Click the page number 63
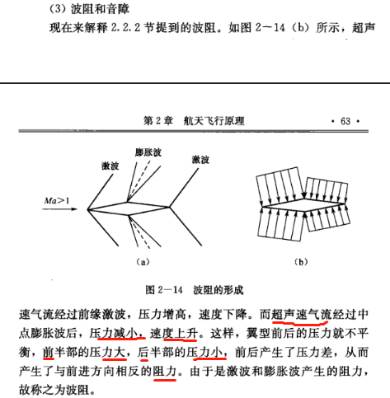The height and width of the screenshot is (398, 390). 345,121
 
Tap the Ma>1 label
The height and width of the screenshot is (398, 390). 57,201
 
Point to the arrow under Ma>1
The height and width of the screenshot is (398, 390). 59,209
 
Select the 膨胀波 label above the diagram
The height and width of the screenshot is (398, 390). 148,152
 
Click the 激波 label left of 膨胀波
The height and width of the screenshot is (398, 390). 110,166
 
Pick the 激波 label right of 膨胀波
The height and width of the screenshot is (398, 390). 200,160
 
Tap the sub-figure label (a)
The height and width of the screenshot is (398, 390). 143,262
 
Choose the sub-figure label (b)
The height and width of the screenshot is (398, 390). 301,262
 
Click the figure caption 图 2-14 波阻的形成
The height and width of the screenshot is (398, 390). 195,290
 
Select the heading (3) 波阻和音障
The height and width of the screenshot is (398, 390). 89,9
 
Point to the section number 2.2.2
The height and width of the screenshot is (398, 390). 125,27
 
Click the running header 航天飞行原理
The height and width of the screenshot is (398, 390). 214,121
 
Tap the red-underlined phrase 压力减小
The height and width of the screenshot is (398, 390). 117,334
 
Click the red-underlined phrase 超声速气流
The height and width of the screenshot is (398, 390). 302,315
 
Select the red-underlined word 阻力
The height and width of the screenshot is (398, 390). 165,372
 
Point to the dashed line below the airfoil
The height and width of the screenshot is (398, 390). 139,232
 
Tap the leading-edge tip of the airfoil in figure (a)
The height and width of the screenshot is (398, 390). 87,209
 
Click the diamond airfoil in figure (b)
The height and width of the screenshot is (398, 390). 304,205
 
